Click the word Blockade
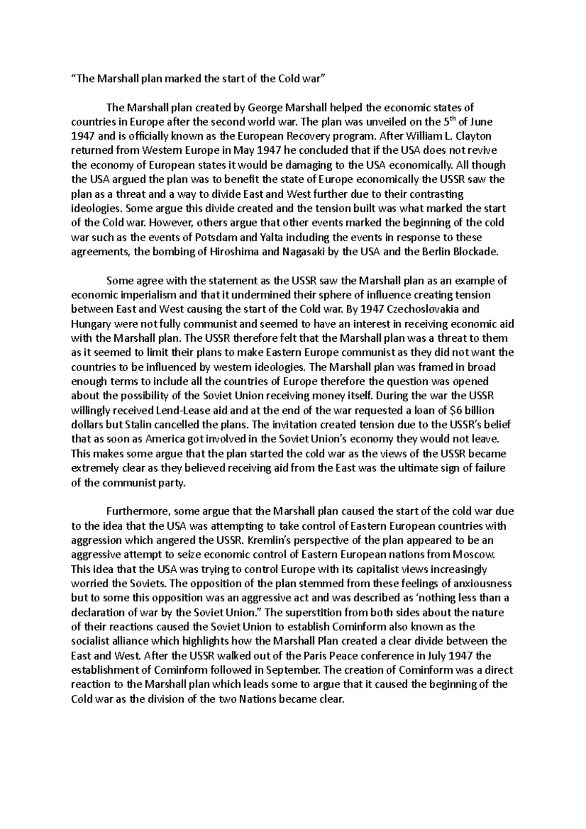point(477,252)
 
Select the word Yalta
point(272,238)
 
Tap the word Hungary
point(89,324)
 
